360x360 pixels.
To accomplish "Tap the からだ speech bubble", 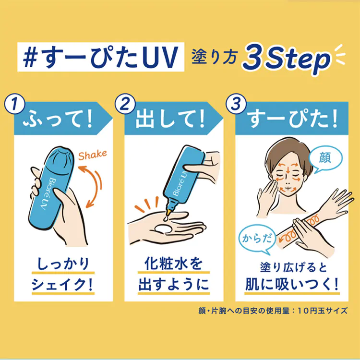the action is pyautogui.click(x=257, y=239).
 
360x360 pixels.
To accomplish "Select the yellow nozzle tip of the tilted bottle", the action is pyautogui.click(x=169, y=211).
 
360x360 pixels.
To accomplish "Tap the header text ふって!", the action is pyautogui.click(x=58, y=120).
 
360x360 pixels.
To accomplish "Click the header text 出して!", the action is pyautogui.click(x=170, y=120).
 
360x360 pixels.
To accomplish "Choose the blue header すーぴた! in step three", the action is pyautogui.click(x=292, y=119).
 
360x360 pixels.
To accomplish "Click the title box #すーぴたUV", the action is pyautogui.click(x=101, y=57).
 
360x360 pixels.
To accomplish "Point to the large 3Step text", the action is pyautogui.click(x=287, y=59).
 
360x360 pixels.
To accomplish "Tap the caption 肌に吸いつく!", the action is pyautogui.click(x=292, y=285).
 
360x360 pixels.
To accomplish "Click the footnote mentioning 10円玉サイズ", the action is pyautogui.click(x=273, y=311).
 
